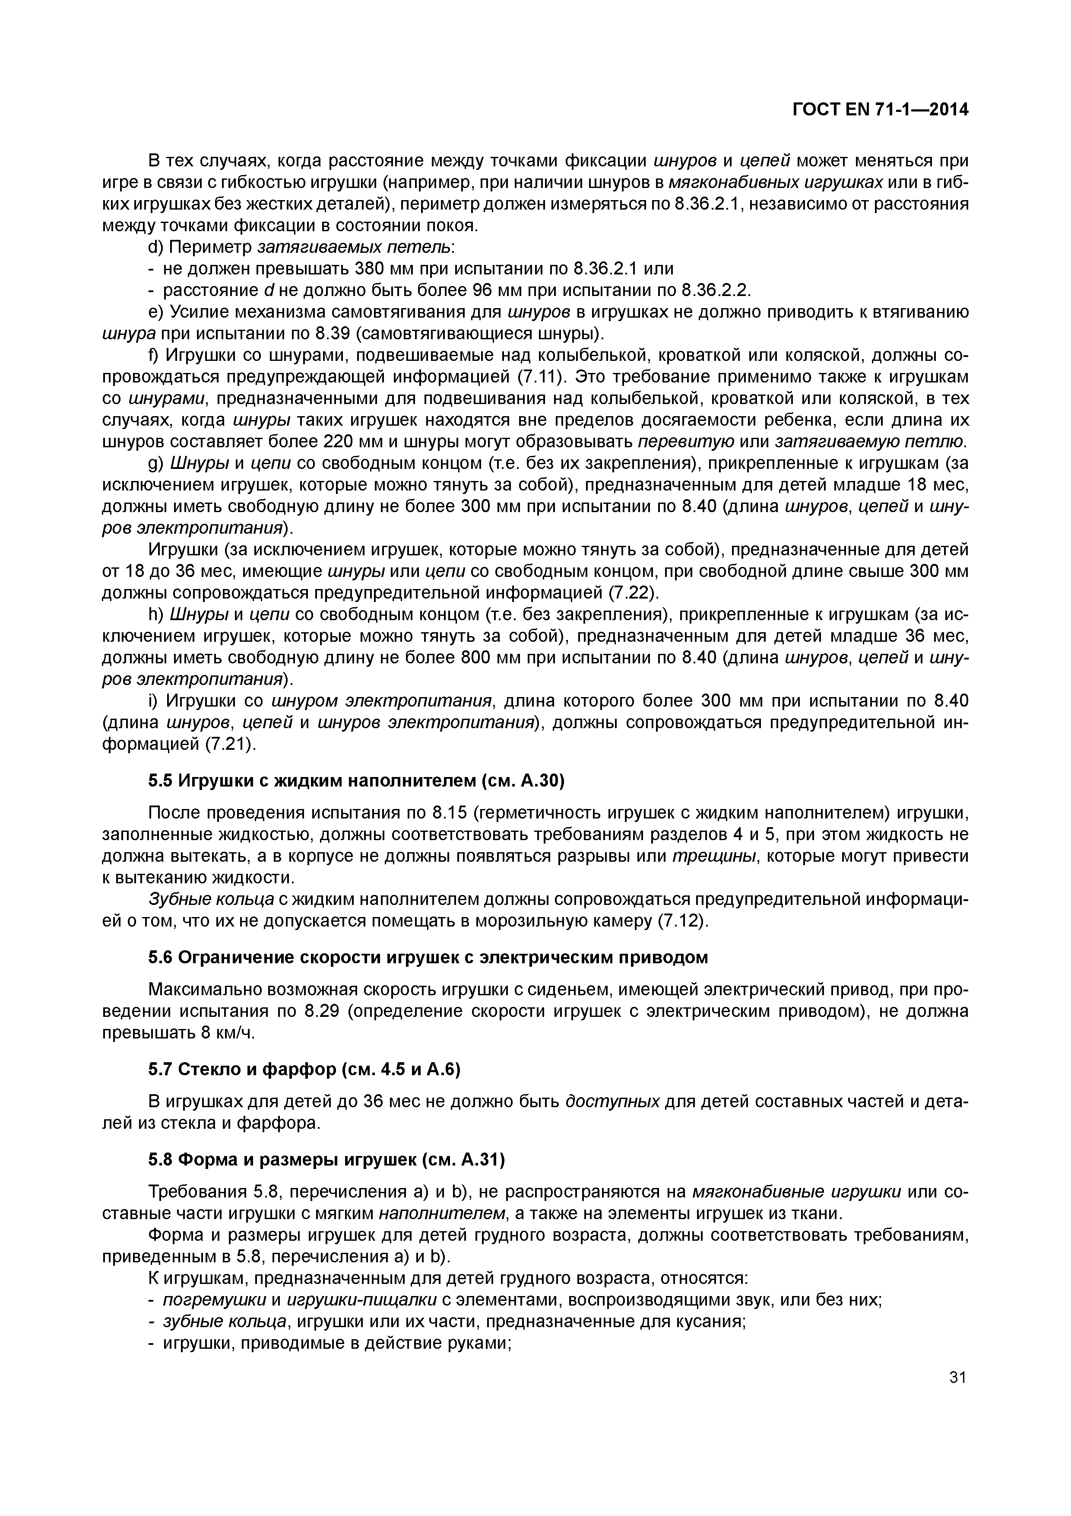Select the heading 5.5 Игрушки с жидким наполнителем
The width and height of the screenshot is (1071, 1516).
(356, 781)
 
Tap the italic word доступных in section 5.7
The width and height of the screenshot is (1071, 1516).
(613, 1101)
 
